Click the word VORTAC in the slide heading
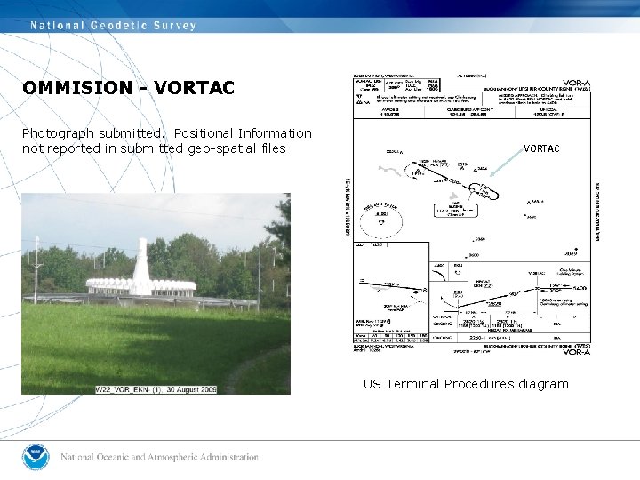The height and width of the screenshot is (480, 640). coord(194,88)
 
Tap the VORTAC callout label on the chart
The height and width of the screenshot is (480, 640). coord(541,148)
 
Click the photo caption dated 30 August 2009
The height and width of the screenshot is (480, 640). coord(156,389)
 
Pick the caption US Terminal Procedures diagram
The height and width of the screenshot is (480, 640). coord(466,384)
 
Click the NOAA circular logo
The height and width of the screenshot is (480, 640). coord(36,457)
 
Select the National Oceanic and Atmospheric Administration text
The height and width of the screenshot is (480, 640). coord(160,458)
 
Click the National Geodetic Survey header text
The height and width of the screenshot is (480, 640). coord(114,25)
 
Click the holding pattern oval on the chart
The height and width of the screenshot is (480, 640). coord(484,191)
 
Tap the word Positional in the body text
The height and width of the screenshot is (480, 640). coord(205,133)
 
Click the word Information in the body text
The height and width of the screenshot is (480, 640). coord(275,133)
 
